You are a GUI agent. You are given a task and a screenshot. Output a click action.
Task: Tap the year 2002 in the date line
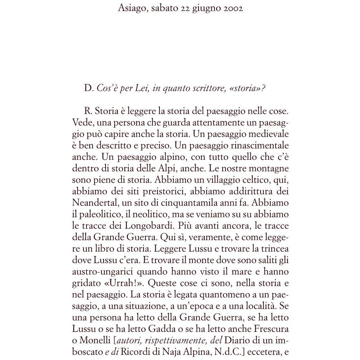pos(233,9)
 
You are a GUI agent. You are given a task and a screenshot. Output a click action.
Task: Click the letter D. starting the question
pos(88,89)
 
